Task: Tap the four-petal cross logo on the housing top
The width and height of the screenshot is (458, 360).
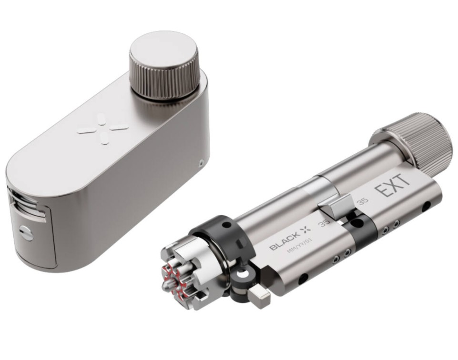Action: click(103, 129)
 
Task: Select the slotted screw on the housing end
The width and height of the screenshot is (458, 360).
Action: click(26, 233)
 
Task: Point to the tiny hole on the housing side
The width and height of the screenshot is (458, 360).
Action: click(201, 163)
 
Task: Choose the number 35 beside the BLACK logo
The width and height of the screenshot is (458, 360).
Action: click(323, 223)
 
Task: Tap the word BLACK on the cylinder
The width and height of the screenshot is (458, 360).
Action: click(284, 241)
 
